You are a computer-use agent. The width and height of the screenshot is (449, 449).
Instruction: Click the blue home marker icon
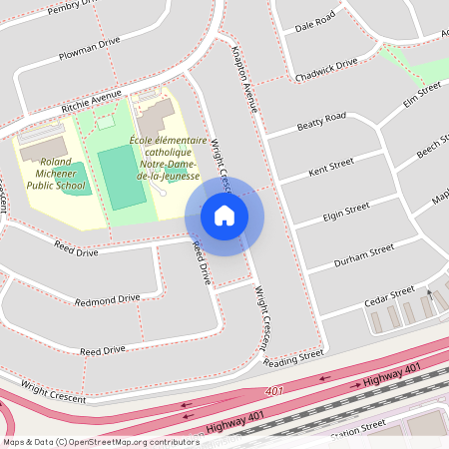[224, 216]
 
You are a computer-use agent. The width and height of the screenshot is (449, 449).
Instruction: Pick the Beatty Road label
[320, 123]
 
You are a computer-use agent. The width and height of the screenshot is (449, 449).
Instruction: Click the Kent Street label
[332, 168]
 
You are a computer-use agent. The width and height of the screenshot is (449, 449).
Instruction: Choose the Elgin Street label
[346, 213]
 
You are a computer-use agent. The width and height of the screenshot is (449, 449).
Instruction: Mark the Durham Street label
[367, 254]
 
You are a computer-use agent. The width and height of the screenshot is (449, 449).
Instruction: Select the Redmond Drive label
[107, 299]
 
